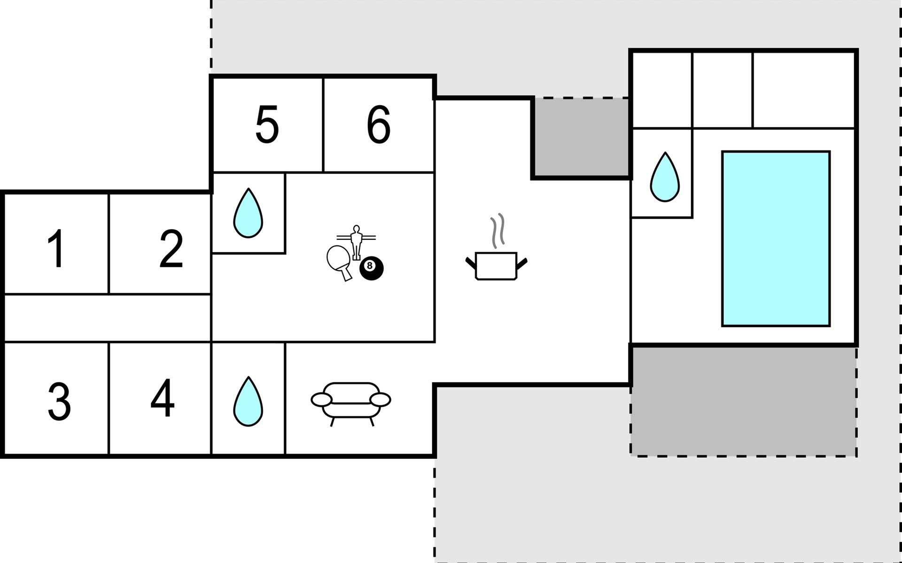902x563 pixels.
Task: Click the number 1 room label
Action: click(57, 249)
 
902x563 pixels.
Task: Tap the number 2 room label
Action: click(171, 249)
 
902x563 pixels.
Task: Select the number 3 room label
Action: click(59, 402)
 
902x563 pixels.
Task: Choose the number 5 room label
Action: click(267, 124)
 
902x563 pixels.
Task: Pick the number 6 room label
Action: click(379, 124)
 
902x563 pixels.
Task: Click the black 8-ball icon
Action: click(371, 268)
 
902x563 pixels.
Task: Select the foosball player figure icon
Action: click(356, 242)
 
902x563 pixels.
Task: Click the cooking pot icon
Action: click(496, 266)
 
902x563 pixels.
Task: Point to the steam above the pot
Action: click(498, 230)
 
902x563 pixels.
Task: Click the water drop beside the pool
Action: click(665, 177)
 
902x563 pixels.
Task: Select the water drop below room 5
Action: click(248, 213)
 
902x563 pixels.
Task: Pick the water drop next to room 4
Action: click(248, 401)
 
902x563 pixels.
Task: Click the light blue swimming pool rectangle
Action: click(776, 238)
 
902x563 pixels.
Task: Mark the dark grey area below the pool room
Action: click(744, 402)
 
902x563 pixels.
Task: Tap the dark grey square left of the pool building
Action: click(582, 137)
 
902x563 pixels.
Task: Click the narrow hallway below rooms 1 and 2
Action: click(108, 318)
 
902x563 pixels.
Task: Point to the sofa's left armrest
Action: click(322, 400)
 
